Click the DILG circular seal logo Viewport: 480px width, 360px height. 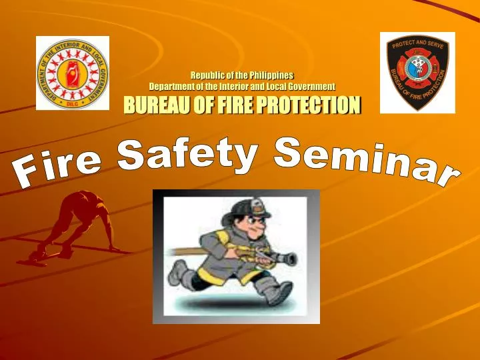[x=72, y=73]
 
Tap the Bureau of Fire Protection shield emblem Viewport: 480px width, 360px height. [x=417, y=72]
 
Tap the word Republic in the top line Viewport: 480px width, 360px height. [x=207, y=75]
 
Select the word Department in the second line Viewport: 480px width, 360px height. [x=174, y=86]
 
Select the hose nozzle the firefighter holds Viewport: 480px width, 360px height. [x=287, y=258]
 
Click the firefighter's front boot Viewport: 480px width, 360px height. [x=279, y=293]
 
